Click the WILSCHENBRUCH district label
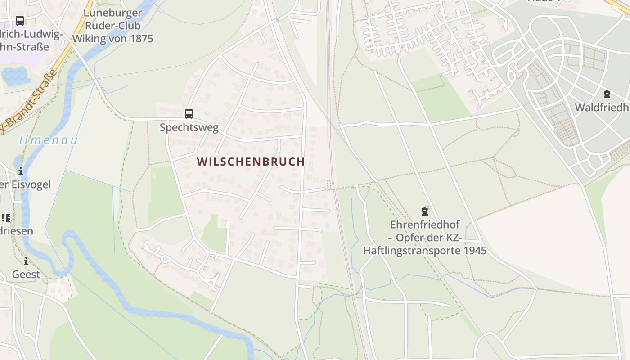click(251, 162)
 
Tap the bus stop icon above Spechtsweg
click(189, 114)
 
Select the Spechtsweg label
click(189, 127)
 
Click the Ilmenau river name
click(49, 140)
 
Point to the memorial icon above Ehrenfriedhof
click(424, 211)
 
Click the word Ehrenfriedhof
click(424, 224)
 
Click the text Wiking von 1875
click(113, 38)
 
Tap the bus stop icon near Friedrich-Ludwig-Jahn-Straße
click(20, 20)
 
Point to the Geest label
click(26, 274)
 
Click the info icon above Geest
click(26, 261)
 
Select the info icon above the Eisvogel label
click(20, 171)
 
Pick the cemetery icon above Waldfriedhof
click(607, 94)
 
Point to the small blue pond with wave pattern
click(14, 76)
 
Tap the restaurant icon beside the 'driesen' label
click(5, 218)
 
